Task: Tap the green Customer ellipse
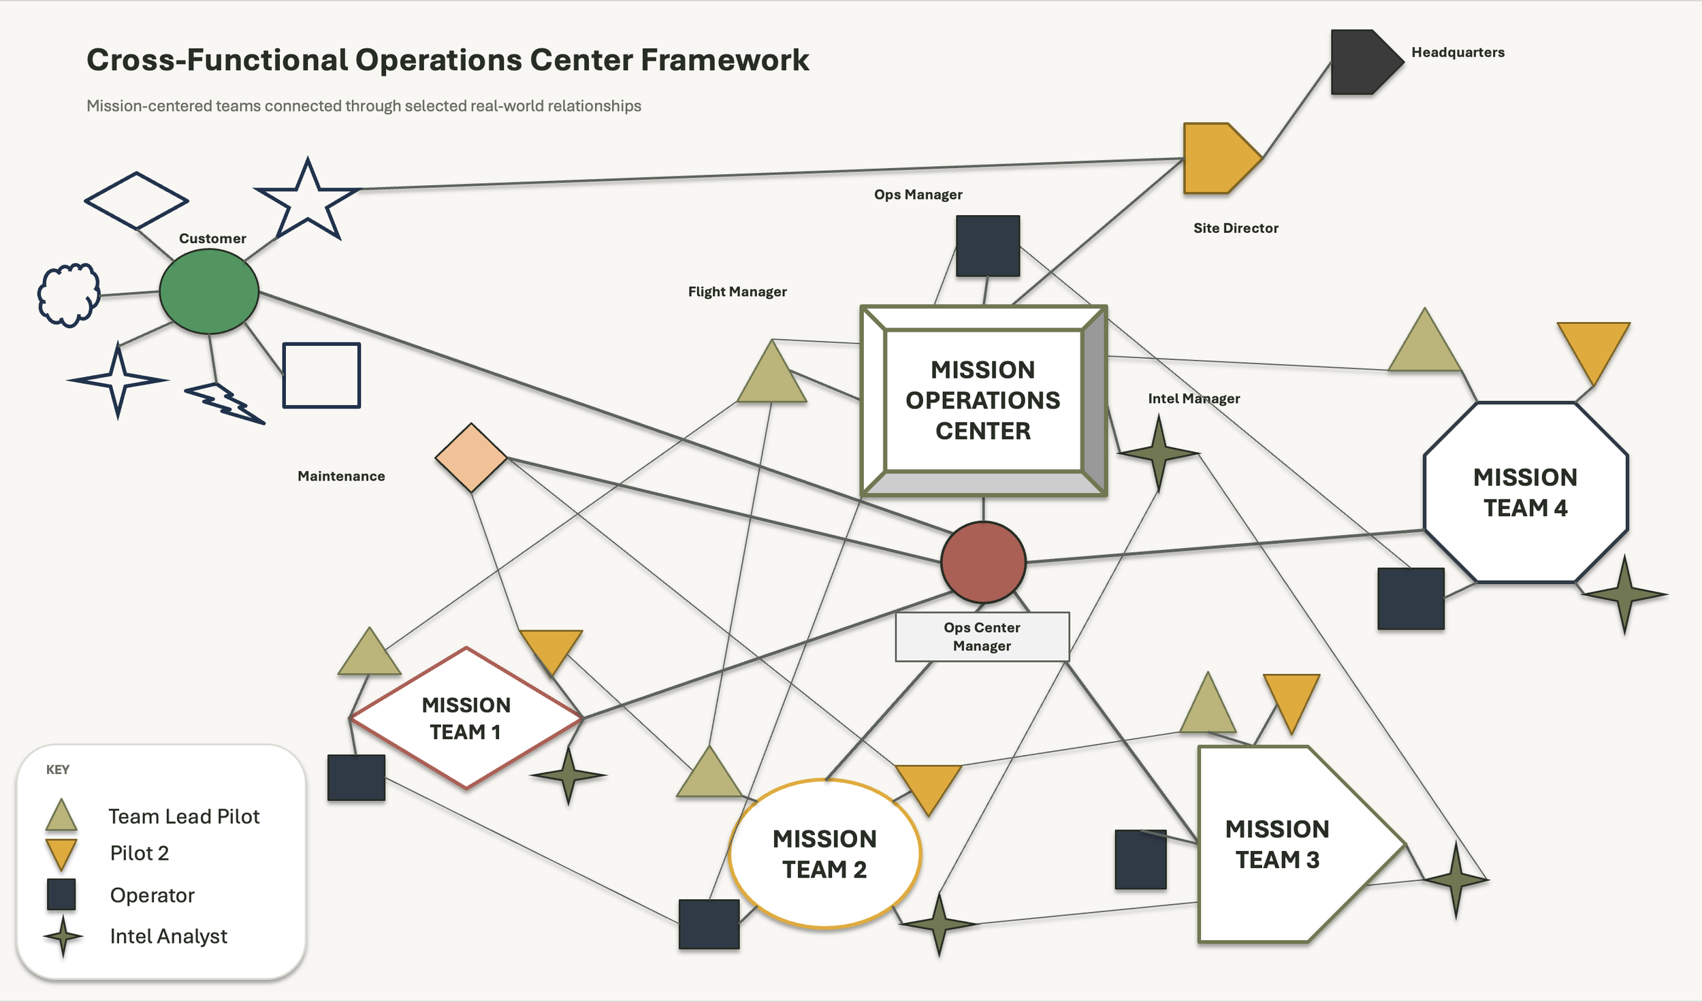[209, 291]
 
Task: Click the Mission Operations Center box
[984, 401]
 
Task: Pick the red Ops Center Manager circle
[984, 562]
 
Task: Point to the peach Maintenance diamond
[471, 457]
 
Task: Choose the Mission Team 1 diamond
[466, 717]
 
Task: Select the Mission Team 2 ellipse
[825, 854]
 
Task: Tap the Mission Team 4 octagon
[1526, 492]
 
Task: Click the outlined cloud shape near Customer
[69, 295]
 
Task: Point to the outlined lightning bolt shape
[225, 404]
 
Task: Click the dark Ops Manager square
[988, 246]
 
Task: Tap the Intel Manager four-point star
[1159, 453]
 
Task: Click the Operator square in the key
[61, 894]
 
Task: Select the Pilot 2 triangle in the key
[61, 854]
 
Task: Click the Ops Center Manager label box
[982, 636]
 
